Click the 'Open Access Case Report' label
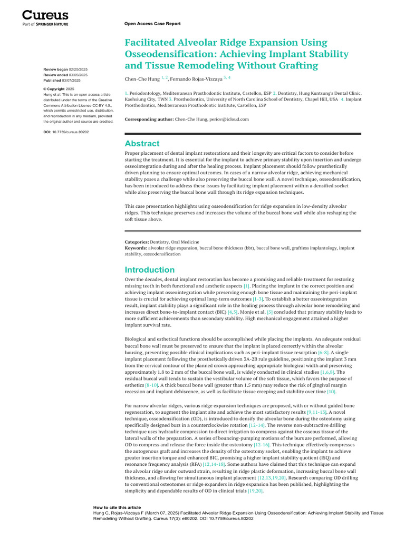tap(152, 24)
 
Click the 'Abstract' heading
tap(142, 144)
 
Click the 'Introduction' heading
tap(149, 269)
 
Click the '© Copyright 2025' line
tap(58, 89)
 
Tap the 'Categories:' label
tap(137, 242)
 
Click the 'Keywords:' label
tap(136, 247)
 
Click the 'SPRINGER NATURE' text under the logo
tap(52, 24)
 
